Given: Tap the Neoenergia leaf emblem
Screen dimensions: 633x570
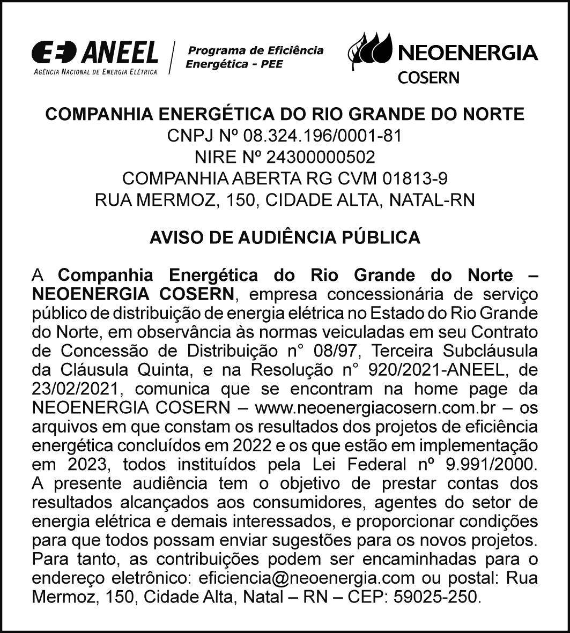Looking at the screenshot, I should [x=370, y=50].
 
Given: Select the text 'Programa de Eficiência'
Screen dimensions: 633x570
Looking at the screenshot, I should [x=255, y=51].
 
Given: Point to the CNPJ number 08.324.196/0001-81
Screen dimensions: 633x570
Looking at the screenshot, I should [x=322, y=136].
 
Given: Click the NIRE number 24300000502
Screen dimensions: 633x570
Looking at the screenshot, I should [x=314, y=158].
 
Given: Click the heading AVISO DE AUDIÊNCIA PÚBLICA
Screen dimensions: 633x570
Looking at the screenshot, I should [x=285, y=237].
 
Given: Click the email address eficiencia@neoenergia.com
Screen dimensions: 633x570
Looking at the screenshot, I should [x=306, y=578].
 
